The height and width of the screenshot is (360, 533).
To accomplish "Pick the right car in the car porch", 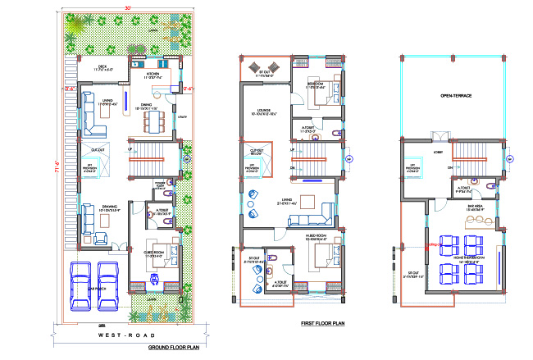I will (110, 279).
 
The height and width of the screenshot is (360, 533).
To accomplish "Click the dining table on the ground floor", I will (152, 121).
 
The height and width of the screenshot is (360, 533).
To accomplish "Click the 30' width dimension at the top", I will (127, 8).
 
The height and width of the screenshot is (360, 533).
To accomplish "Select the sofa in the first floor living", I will (312, 220).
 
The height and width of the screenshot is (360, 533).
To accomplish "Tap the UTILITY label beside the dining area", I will (182, 116).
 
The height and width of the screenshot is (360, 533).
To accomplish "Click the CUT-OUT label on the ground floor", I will (96, 149).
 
